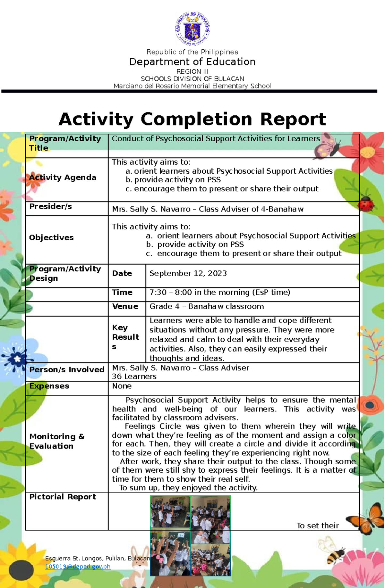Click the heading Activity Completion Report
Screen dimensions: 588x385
pyautogui.click(x=193, y=119)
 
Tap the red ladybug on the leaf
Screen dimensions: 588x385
pyautogui.click(x=366, y=203)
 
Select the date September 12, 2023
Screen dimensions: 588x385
pyautogui.click(x=188, y=273)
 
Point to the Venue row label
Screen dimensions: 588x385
pyautogui.click(x=125, y=307)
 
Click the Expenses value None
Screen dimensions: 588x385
pyautogui.click(x=122, y=386)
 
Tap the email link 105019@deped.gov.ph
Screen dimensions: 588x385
pyautogui.click(x=78, y=567)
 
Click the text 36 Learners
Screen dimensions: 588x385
pyautogui.click(x=134, y=377)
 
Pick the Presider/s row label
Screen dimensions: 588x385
pyautogui.click(x=50, y=207)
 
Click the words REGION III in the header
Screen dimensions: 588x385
pyautogui.click(x=193, y=71)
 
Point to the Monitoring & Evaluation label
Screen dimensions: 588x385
pyautogui.click(x=57, y=441)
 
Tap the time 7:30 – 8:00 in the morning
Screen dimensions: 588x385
pyautogui.click(x=220, y=293)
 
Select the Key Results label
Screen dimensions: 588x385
pyautogui.click(x=125, y=337)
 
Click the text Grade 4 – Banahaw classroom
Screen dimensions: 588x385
pyautogui.click(x=207, y=307)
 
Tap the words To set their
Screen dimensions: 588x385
pyautogui.click(x=318, y=526)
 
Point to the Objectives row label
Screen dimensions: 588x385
pyautogui.click(x=51, y=238)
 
